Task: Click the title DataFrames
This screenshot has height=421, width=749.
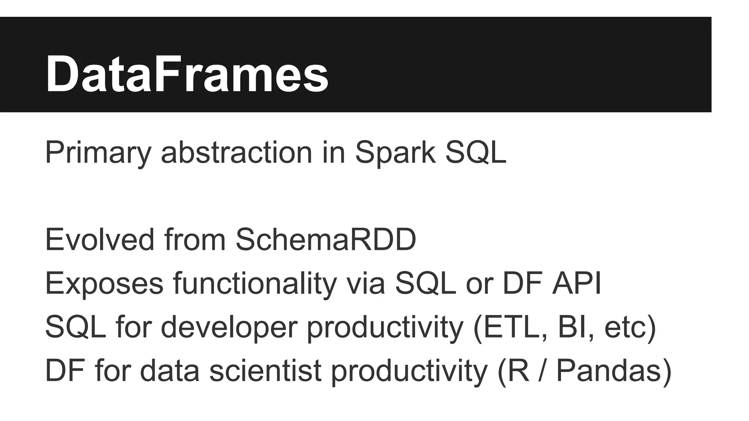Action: coord(187,74)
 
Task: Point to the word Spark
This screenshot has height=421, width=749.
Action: coord(395,153)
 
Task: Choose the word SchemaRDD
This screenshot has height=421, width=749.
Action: coord(326,240)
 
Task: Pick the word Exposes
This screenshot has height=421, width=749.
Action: coord(104,284)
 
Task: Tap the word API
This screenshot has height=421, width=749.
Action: coord(577,284)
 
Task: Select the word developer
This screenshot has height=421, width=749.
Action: coord(229,327)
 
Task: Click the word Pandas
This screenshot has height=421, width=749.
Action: coord(609,371)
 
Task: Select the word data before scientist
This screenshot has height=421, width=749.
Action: coord(170,371)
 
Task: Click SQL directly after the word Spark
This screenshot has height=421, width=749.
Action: coord(475,153)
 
